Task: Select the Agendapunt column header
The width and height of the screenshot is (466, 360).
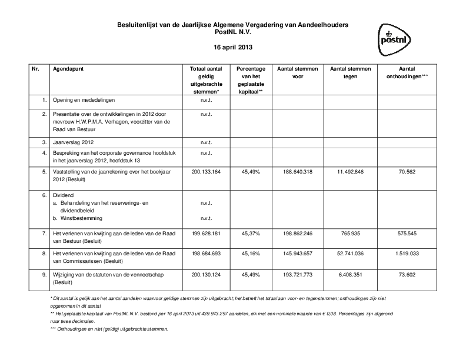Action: pyautogui.click(x=68, y=69)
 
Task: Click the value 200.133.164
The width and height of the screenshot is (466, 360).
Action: pyautogui.click(x=206, y=172)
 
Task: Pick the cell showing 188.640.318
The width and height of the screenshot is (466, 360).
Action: pyautogui.click(x=298, y=172)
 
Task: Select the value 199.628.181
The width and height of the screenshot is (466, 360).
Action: pyautogui.click(x=206, y=234)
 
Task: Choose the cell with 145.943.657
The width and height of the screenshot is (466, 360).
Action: pyautogui.click(x=298, y=254)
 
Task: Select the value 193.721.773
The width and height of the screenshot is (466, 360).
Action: pyautogui.click(x=298, y=275)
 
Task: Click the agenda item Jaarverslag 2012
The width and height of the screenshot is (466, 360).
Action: pyautogui.click(x=73, y=142)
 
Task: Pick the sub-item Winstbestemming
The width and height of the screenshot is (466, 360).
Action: pyautogui.click(x=81, y=218)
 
